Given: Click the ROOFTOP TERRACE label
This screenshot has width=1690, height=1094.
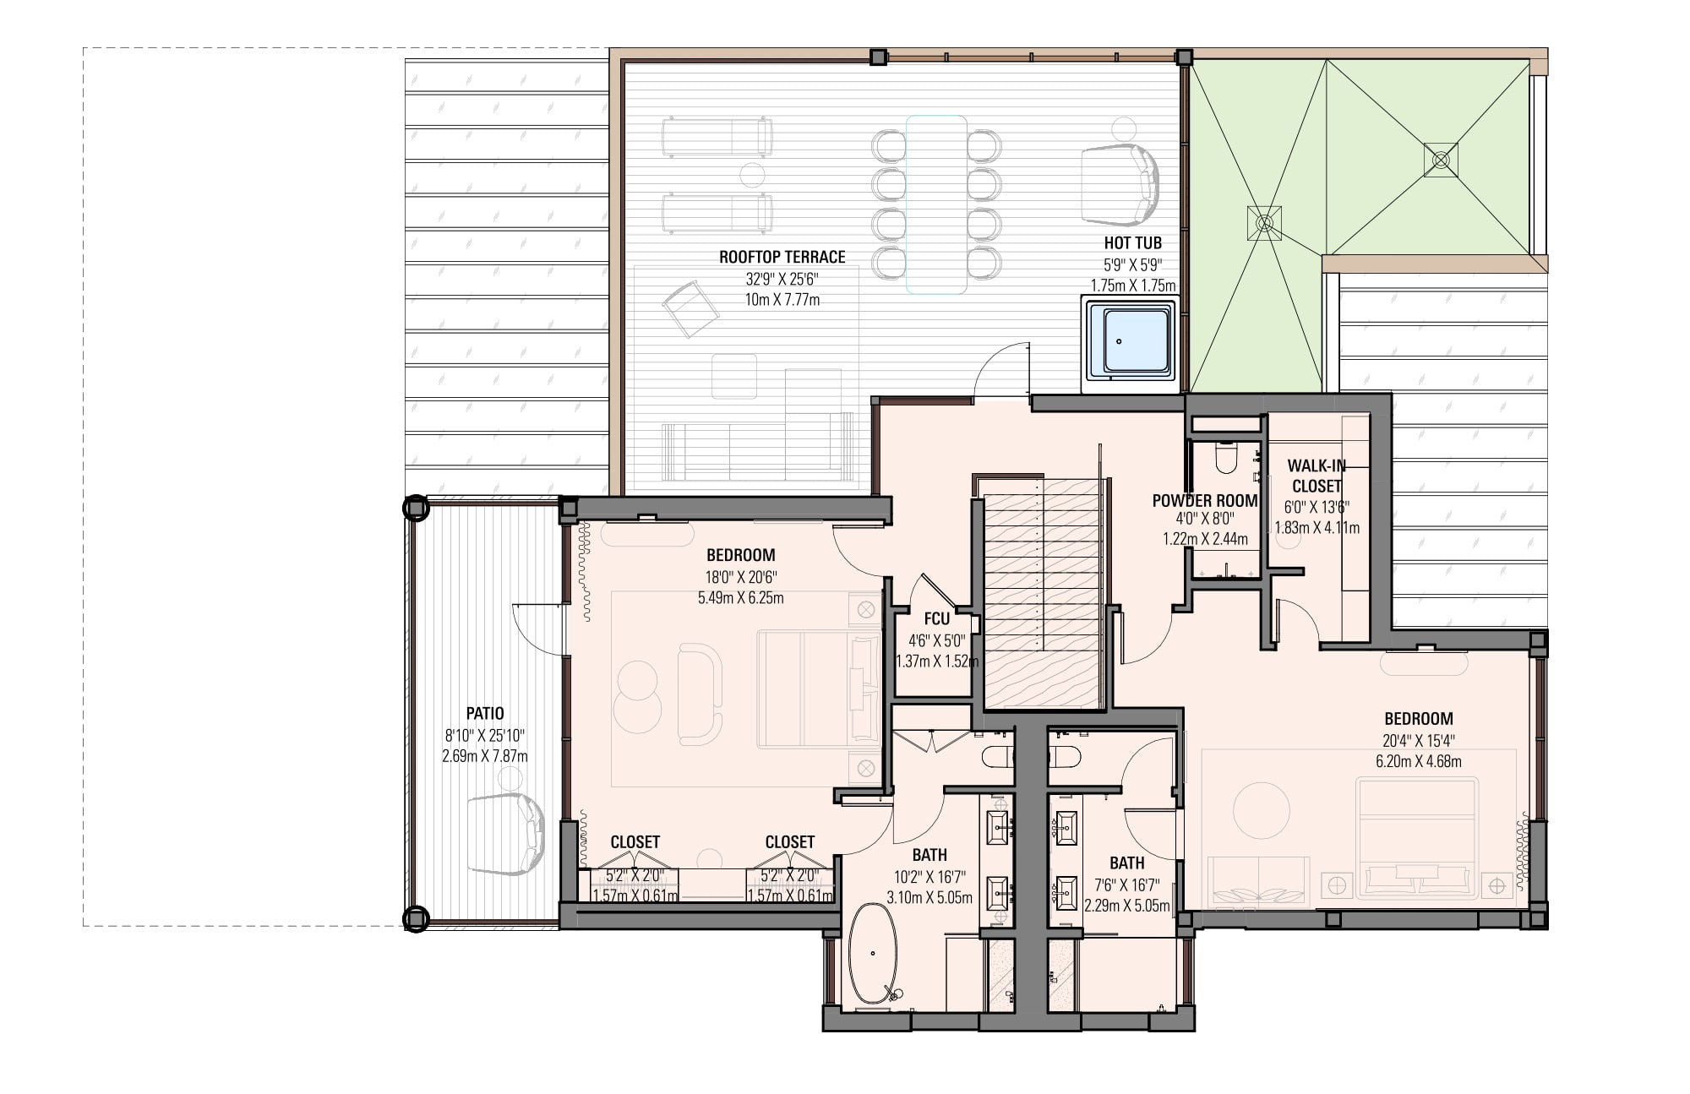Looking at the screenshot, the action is [782, 257].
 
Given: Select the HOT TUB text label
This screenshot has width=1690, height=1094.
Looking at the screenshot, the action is [1132, 243].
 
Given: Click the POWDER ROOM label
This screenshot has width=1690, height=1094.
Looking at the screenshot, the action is [1204, 501].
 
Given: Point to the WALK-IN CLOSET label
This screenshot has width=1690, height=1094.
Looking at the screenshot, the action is [1317, 476].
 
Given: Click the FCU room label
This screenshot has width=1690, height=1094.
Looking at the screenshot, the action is [936, 619].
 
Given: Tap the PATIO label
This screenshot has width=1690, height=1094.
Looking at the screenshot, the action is [485, 714].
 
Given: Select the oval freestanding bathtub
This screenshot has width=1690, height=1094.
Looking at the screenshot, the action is [874, 955].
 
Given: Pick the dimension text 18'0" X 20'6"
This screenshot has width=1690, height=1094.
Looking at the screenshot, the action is [741, 577].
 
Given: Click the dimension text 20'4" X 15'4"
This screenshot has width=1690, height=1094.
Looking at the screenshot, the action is [1419, 741].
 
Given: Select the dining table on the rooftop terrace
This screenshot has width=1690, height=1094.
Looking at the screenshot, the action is [936, 204].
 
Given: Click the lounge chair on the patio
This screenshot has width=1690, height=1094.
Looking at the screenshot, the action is [505, 834].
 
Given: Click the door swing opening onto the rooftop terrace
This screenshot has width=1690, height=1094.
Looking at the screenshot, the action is [1002, 369].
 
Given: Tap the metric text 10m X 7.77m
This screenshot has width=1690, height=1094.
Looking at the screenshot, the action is [782, 299].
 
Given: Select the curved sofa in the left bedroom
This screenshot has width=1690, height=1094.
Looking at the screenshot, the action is [701, 694].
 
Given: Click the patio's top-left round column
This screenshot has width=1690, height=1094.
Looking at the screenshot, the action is [416, 509].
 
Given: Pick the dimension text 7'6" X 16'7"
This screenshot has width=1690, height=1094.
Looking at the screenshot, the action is [1127, 885].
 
